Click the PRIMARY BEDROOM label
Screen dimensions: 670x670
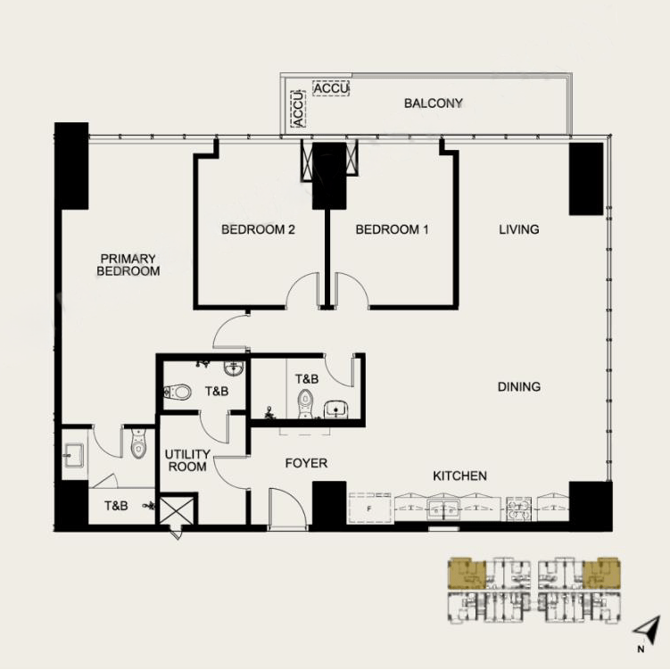[x=128, y=265]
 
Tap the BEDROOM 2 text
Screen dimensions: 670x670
[x=258, y=229]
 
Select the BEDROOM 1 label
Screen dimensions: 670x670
[x=392, y=229]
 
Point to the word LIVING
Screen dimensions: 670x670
[x=518, y=229]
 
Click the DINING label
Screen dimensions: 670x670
[x=519, y=386]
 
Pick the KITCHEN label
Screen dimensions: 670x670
[x=459, y=476]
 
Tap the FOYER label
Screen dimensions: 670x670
[x=306, y=463]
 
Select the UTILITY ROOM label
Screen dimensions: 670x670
[x=186, y=460]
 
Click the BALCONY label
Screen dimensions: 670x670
[x=433, y=103]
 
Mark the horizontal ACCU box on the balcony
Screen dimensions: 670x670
[x=331, y=89]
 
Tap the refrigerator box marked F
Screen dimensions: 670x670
[x=369, y=509]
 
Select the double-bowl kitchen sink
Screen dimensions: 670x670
[x=443, y=509]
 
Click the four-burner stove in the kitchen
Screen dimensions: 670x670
[x=518, y=509]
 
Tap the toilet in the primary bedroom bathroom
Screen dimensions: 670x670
[x=137, y=443]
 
